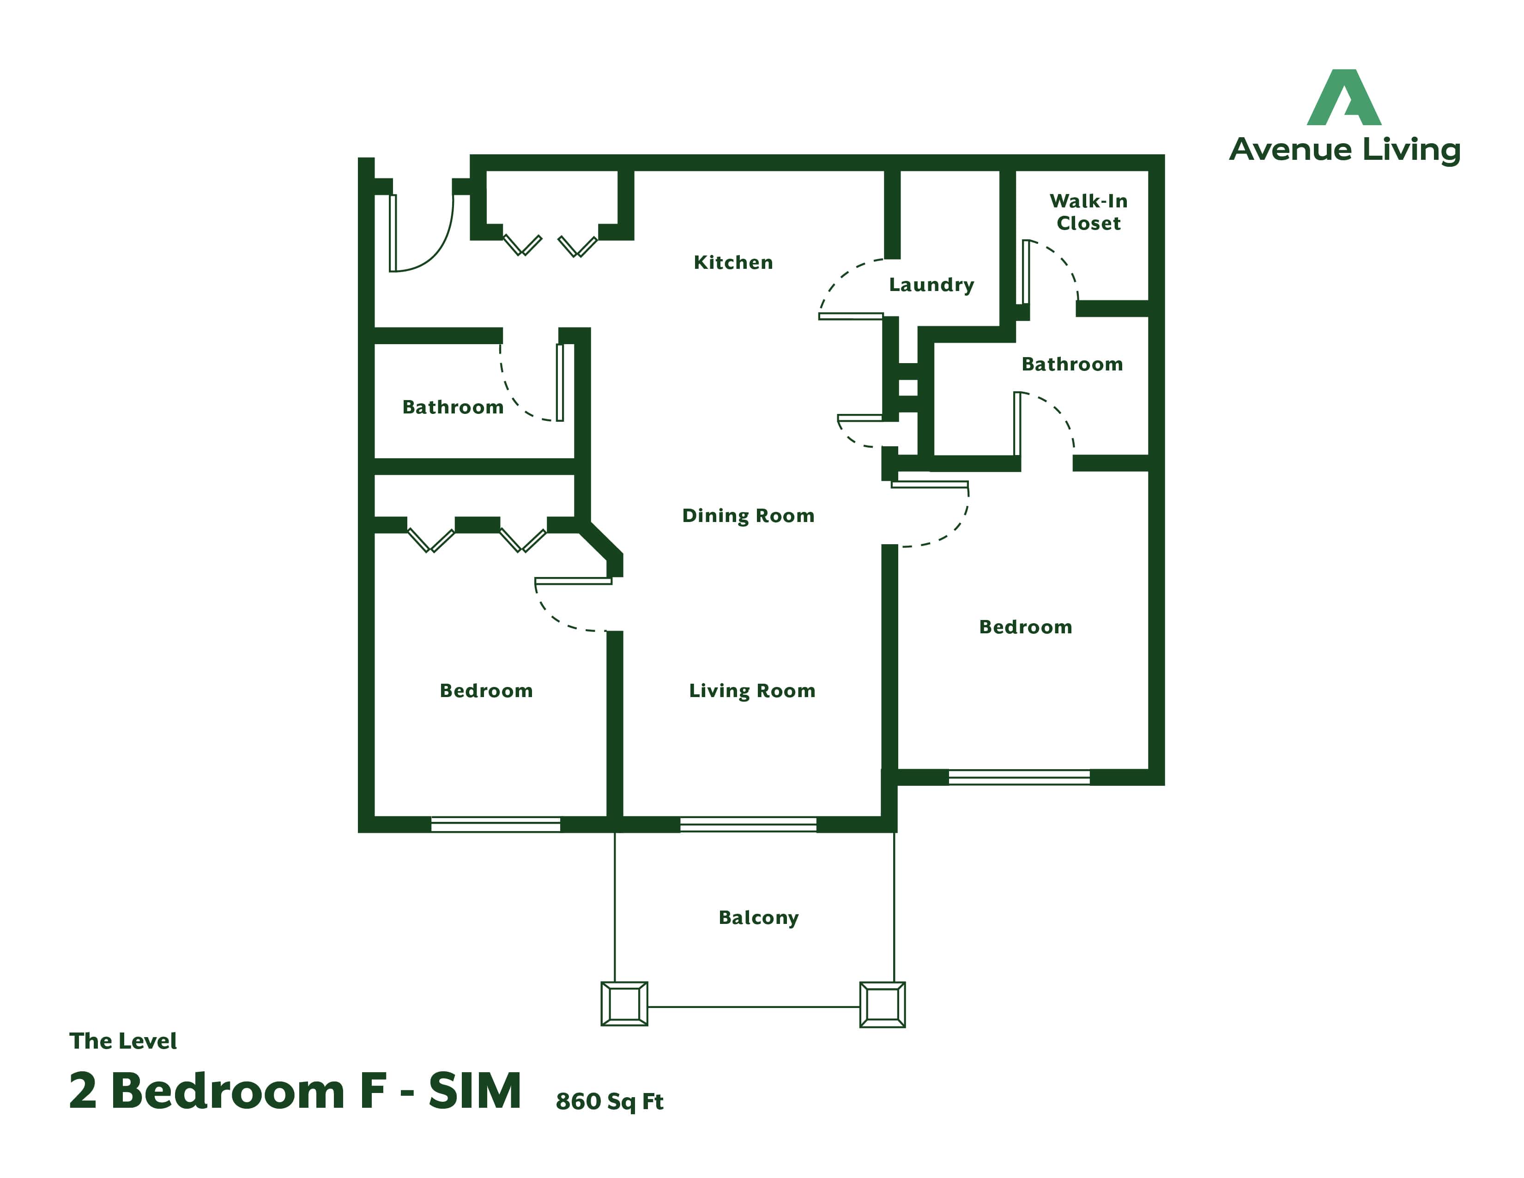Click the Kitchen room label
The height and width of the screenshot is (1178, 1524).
733,262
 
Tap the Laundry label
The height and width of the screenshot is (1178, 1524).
931,285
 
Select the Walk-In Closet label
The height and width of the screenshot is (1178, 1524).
1089,212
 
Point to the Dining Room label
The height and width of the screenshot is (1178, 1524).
748,516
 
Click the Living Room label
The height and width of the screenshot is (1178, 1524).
752,691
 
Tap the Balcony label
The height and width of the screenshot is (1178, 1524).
758,918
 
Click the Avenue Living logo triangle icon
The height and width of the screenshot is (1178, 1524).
1344,97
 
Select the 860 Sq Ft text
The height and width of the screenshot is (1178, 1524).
609,1101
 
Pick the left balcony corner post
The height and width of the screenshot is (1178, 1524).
624,1003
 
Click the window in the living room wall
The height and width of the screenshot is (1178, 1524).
748,824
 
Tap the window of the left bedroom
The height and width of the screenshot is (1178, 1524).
496,824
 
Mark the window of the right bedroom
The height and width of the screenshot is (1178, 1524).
1019,777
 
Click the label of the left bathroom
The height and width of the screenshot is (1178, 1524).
453,407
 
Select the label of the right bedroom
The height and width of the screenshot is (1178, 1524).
1025,627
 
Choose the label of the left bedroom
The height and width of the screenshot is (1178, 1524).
486,691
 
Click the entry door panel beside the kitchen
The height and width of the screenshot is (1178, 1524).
393,232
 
